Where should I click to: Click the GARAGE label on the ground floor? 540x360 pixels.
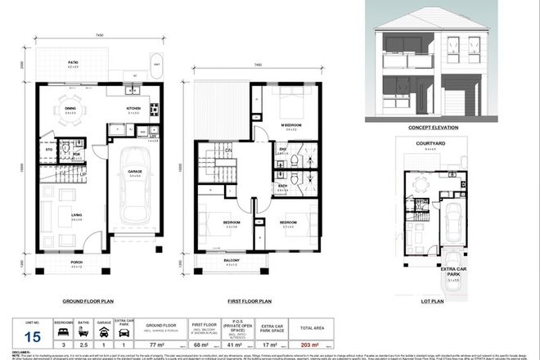coord(135,171)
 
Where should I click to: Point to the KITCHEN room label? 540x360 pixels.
coord(133,107)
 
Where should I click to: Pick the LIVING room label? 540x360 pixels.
coord(75,214)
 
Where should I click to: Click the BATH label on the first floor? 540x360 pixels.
coord(281,186)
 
